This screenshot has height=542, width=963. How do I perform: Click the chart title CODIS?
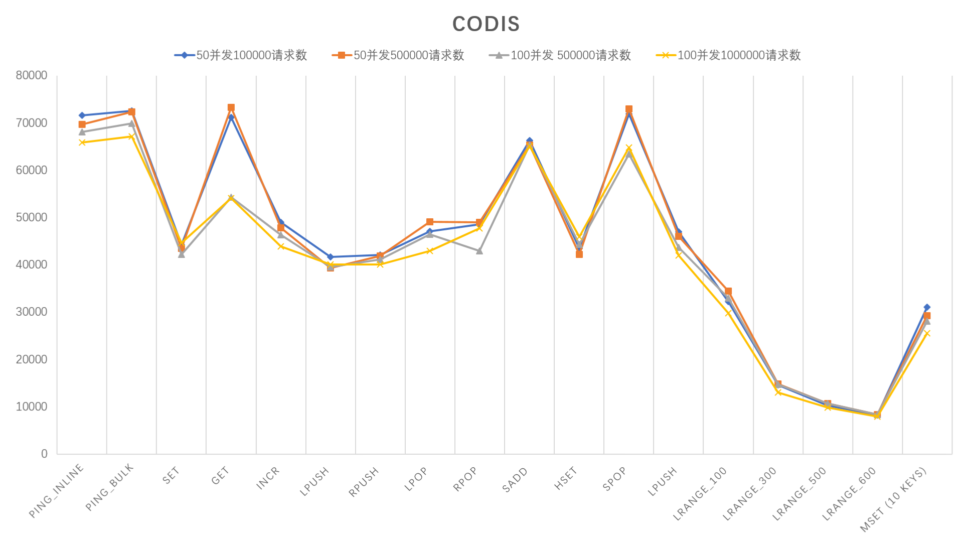click(486, 24)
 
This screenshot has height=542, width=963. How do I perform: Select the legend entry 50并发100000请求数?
click(241, 55)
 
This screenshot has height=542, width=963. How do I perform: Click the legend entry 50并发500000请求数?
click(398, 55)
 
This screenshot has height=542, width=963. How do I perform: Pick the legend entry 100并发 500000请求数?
click(560, 55)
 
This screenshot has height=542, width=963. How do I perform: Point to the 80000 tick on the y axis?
click(32, 75)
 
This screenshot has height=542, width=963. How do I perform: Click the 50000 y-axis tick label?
click(32, 217)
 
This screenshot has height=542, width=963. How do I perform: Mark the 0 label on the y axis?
click(44, 454)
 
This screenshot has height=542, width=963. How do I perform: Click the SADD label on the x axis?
click(515, 480)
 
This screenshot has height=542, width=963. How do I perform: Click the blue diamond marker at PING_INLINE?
click(82, 115)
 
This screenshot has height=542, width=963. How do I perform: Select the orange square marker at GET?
click(231, 108)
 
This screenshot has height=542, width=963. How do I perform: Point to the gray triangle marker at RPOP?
click(479, 251)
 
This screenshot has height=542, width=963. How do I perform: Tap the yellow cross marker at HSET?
click(579, 236)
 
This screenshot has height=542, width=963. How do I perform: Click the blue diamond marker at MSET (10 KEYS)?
click(927, 307)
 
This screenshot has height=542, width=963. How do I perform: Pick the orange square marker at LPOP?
click(430, 222)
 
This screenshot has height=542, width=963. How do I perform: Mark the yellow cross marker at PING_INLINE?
click(82, 143)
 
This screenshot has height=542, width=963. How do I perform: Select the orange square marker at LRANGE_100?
click(728, 291)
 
